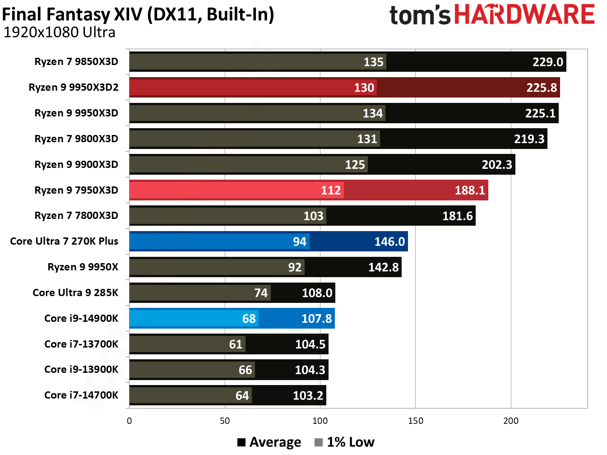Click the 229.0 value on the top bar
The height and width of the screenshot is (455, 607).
point(547,62)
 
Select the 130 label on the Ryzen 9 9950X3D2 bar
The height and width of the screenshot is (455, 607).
point(364,88)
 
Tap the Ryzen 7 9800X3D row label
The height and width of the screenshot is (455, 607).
point(76,139)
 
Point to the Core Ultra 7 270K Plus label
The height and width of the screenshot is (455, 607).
point(64,241)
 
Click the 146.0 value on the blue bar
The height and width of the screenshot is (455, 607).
point(389,241)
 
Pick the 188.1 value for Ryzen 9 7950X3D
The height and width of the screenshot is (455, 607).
point(469,190)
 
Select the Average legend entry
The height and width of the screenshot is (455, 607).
point(269,442)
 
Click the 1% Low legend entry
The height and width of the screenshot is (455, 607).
point(345,442)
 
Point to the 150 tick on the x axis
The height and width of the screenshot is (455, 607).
point(415,421)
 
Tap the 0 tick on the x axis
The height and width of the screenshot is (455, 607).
point(130,421)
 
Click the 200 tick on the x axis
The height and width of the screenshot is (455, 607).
point(511,421)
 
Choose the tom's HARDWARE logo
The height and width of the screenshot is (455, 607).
point(492,14)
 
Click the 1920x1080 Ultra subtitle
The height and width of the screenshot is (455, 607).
point(59,32)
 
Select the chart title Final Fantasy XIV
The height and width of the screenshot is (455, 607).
point(138,14)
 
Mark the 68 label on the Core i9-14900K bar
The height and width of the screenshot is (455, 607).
point(249,319)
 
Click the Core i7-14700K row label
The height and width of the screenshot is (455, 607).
point(81,395)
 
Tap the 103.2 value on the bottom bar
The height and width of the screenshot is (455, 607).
point(308,396)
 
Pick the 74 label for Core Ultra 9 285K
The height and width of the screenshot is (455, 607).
point(261,293)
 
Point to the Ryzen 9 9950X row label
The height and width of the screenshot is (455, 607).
point(83,267)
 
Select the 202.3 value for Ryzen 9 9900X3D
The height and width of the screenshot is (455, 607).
point(496,164)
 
